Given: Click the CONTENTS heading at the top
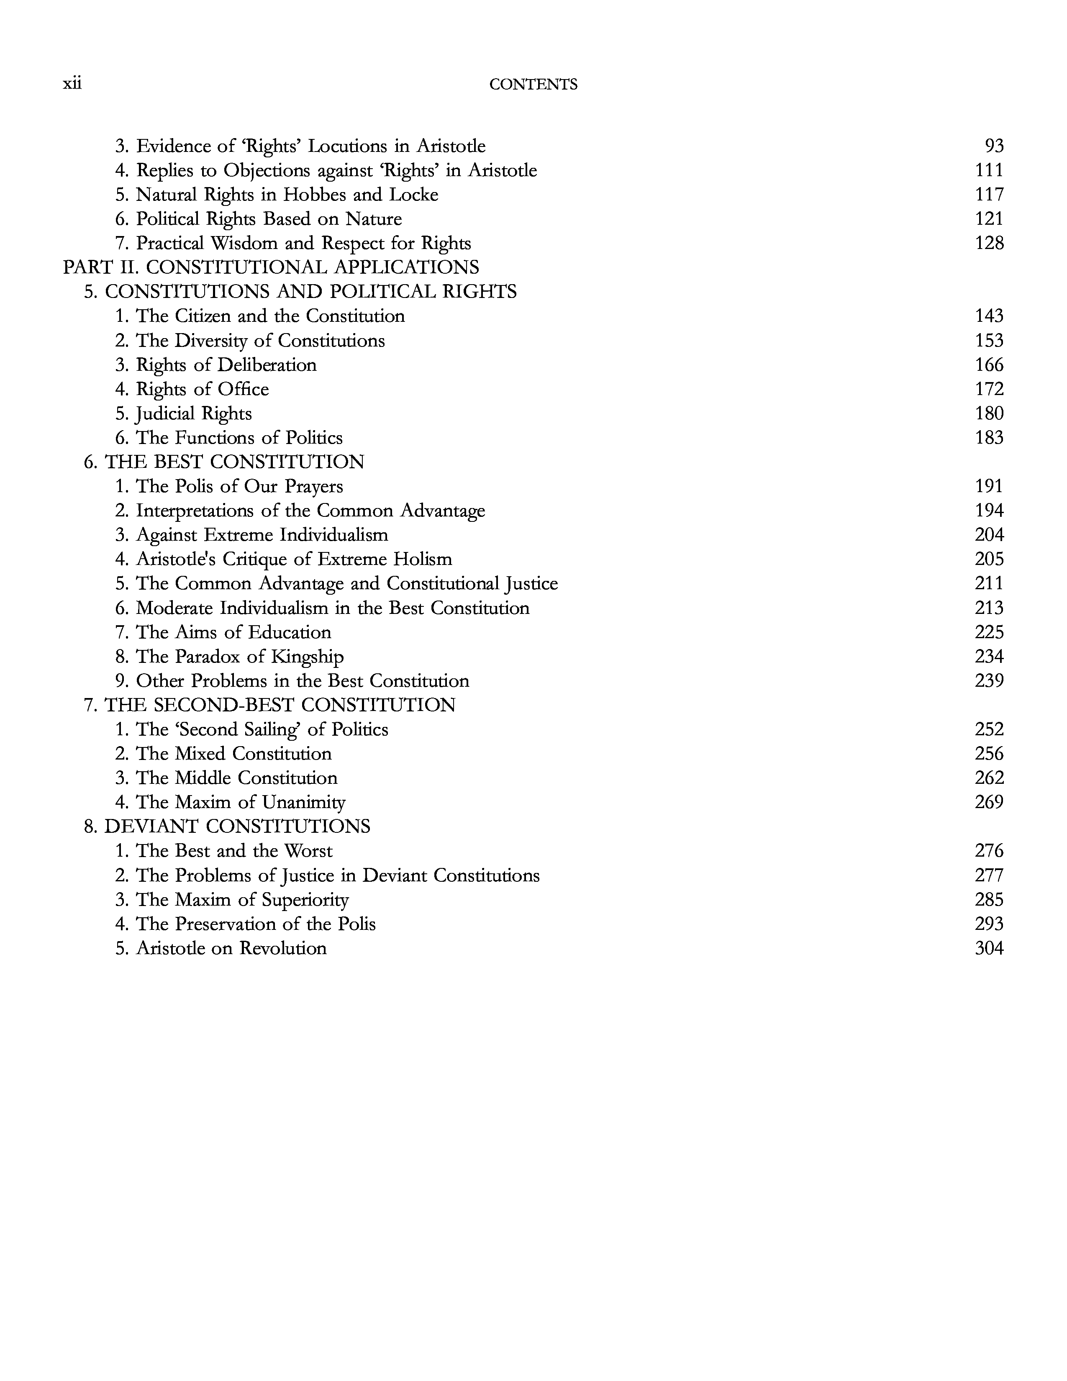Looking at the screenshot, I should coord(533,85).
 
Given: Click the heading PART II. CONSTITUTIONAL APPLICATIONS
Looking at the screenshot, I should coord(271,267).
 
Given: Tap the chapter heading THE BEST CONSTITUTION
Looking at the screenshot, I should coord(234,462).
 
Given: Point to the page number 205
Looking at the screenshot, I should coord(989,559).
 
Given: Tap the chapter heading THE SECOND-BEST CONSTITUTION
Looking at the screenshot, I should coord(280,705).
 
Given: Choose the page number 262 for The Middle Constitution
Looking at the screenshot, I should coord(989,778).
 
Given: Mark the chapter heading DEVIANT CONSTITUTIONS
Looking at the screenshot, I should coord(237,827).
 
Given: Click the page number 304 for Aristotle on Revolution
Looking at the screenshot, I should coord(989,948).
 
